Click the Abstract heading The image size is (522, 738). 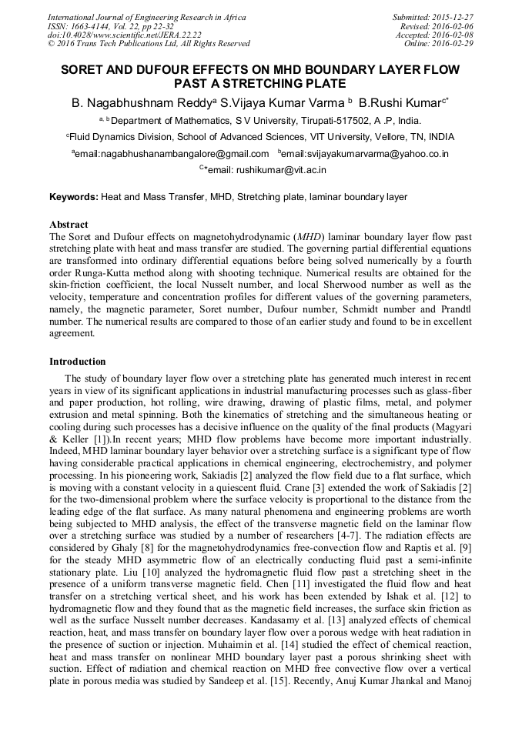pyautogui.click(x=69, y=225)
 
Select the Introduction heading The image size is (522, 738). pyautogui.click(x=78, y=361)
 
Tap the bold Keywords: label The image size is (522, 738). pyautogui.click(x=74, y=197)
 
